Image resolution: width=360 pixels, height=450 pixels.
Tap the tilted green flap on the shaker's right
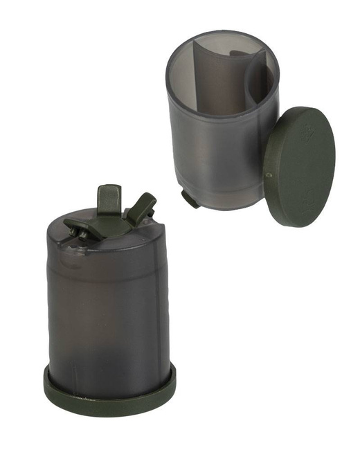(x=142, y=207)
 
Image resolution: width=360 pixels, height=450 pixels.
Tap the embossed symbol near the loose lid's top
(x=305, y=136)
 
